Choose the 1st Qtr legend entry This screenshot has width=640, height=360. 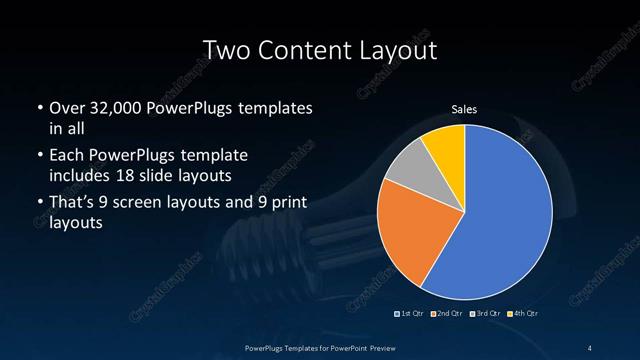click(x=410, y=314)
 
